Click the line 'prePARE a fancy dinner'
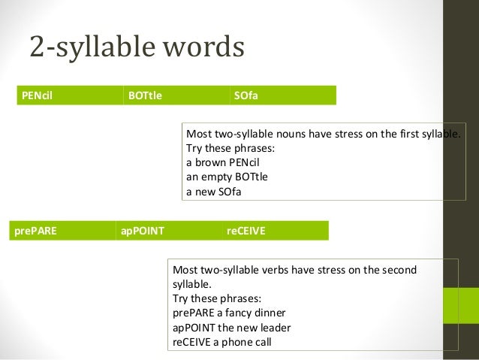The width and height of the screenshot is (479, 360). (x=229, y=312)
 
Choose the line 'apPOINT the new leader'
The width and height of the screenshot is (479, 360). (x=231, y=327)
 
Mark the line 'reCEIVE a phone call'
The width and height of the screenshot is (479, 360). (x=222, y=341)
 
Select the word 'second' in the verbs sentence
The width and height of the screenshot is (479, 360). (x=399, y=269)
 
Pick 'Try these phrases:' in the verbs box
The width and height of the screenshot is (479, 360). (x=215, y=298)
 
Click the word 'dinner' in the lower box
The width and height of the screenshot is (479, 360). (x=270, y=312)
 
